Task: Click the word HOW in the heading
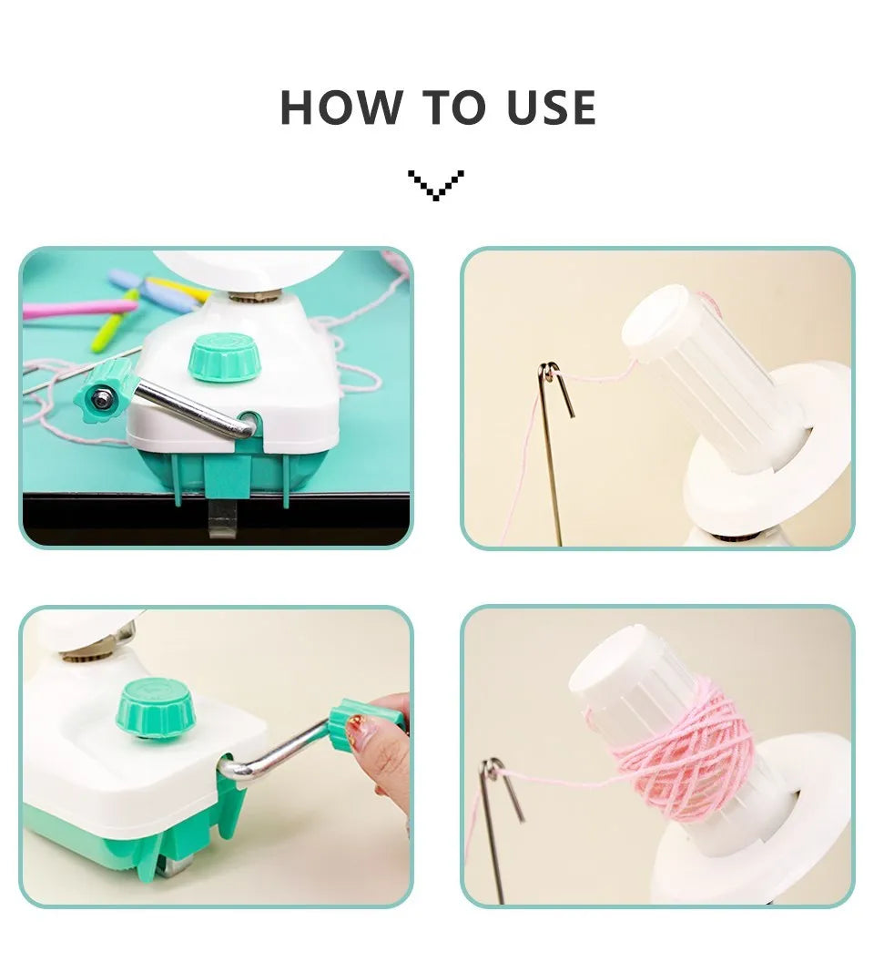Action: pos(341,107)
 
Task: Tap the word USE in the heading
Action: pos(552,107)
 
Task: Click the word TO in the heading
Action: pos(454,107)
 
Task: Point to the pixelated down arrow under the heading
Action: pos(436,185)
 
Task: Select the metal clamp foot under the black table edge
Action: pos(223,517)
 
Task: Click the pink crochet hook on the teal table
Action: pos(80,309)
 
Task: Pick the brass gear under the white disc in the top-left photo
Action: pos(255,296)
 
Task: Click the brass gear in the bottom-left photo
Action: pos(86,658)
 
